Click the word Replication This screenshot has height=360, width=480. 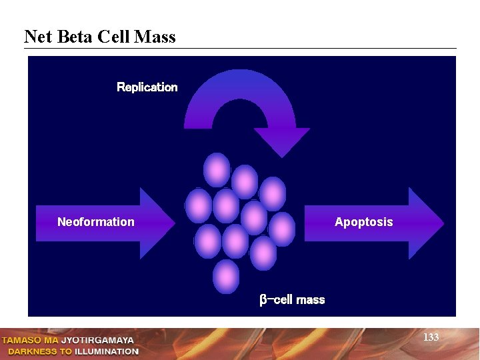(147, 87)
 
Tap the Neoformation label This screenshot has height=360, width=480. (95, 222)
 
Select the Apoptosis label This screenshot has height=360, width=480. (363, 222)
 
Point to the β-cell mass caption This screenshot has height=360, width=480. (292, 300)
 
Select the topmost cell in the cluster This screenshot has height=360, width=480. (217, 169)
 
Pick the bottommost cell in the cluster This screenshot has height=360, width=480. (225, 275)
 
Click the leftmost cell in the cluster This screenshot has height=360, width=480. (198, 205)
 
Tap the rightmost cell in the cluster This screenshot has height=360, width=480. (282, 229)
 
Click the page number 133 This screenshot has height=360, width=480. (431, 337)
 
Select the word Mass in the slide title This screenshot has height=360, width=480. (155, 37)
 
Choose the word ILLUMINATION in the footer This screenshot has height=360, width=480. (107, 351)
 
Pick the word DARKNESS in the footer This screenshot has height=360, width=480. (33, 351)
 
